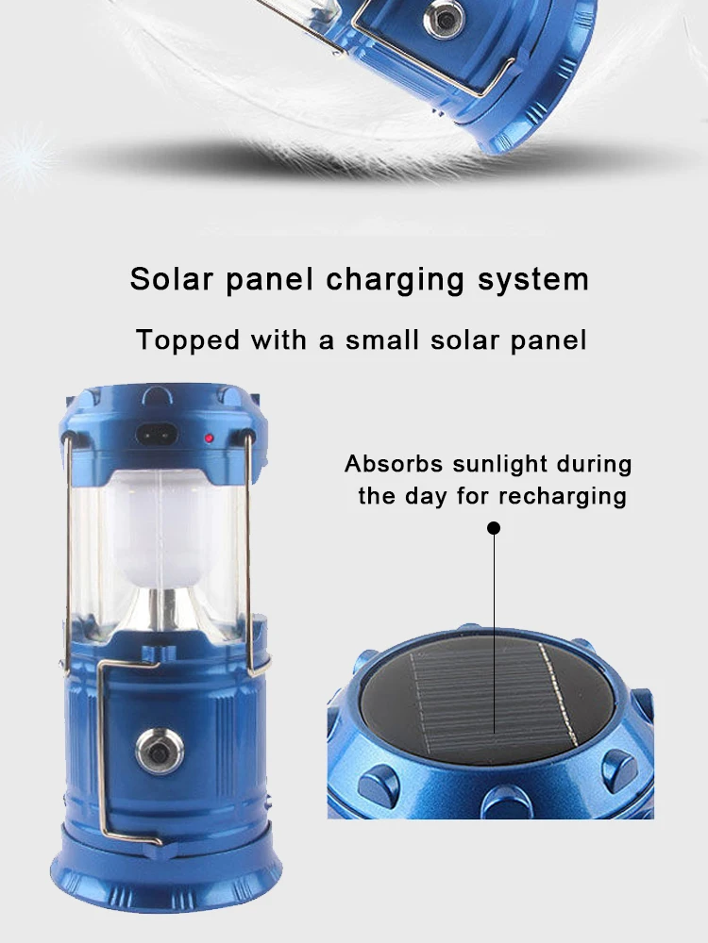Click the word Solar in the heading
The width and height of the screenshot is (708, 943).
(166, 279)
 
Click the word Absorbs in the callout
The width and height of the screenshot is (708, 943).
(387, 464)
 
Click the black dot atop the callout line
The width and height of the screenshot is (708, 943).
(493, 528)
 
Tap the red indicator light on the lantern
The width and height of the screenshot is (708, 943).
(209, 438)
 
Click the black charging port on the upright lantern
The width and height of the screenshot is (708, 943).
(157, 437)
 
